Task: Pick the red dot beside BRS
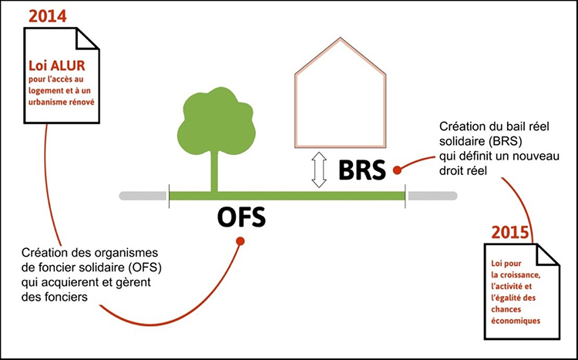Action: (397, 168)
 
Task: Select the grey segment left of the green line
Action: (143, 196)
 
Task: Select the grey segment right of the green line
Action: (431, 196)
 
